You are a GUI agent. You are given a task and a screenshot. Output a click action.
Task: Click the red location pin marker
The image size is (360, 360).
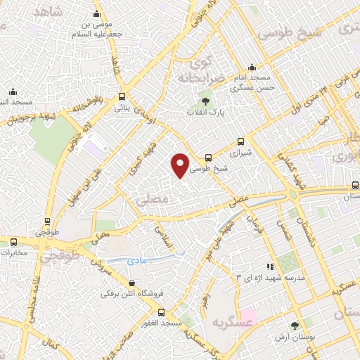[181, 165]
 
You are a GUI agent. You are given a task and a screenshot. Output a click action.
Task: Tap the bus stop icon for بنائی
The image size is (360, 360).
[123, 97]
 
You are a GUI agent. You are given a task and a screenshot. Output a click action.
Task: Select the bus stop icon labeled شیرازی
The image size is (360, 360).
[241, 141]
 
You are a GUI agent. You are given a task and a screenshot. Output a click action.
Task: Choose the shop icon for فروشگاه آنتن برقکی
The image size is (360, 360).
[131, 283]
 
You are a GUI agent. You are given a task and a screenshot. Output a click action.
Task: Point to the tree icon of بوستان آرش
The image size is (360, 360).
[295, 325]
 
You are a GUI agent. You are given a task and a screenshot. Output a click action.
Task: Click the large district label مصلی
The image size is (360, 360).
[149, 200]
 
